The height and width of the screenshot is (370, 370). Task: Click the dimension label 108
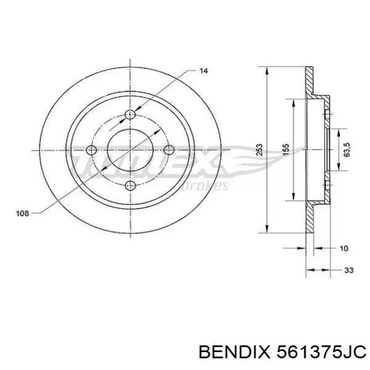(x=22, y=214)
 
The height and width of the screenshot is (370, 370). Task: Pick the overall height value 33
(x=348, y=270)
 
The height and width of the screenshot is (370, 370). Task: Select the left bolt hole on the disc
(x=92, y=150)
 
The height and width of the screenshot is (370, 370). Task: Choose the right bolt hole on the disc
(x=169, y=150)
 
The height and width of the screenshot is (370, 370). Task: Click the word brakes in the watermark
(x=209, y=186)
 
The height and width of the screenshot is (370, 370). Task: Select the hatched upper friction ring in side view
(x=309, y=82)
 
